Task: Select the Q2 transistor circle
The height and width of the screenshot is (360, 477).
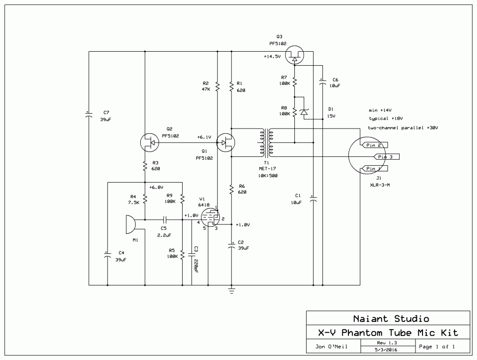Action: click(x=149, y=143)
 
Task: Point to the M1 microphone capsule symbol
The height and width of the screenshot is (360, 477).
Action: click(x=130, y=225)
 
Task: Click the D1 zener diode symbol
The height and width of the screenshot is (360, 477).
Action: click(x=304, y=112)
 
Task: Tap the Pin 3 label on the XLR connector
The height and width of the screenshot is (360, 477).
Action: click(x=385, y=157)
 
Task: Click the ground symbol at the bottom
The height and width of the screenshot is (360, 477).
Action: click(x=232, y=291)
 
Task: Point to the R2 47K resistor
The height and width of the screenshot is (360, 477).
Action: click(x=217, y=87)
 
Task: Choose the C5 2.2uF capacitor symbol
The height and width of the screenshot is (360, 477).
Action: click(x=164, y=219)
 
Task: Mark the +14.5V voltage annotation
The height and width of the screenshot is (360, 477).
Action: click(x=272, y=56)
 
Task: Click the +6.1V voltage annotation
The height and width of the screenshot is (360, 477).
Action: click(x=204, y=137)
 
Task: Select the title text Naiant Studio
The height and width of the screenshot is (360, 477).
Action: click(x=391, y=319)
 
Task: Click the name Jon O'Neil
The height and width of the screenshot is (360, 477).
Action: click(x=331, y=346)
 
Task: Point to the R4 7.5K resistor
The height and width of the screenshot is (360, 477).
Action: click(x=145, y=199)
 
